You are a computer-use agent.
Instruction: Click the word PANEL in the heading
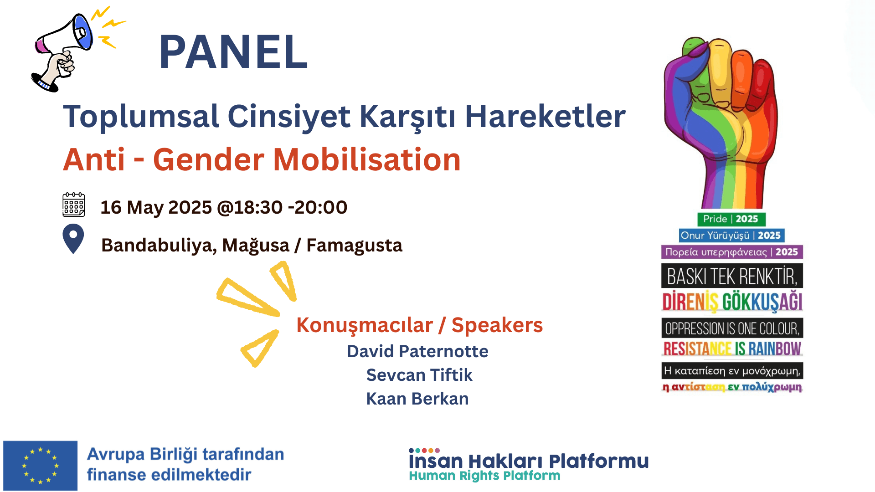pyautogui.click(x=233, y=52)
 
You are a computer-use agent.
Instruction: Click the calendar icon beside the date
pyautogui.click(x=73, y=205)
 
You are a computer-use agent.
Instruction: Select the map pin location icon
pyautogui.click(x=73, y=237)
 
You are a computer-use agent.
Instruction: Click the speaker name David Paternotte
pyautogui.click(x=417, y=351)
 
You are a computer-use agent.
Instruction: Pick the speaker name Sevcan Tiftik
pyautogui.click(x=419, y=375)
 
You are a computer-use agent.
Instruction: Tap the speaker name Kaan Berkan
pyautogui.click(x=417, y=399)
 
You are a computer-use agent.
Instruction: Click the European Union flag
pyautogui.click(x=40, y=465)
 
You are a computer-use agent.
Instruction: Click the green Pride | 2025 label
pyautogui.click(x=731, y=219)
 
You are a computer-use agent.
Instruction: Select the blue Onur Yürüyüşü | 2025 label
pyautogui.click(x=731, y=236)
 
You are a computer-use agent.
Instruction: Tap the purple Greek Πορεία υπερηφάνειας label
pyautogui.click(x=731, y=252)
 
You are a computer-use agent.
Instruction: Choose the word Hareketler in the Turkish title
pyautogui.click(x=545, y=117)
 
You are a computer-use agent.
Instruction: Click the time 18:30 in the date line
pyautogui.click(x=258, y=207)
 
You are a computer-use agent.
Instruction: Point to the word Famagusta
pyautogui.click(x=354, y=245)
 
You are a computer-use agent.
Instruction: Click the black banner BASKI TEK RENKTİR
pyautogui.click(x=731, y=276)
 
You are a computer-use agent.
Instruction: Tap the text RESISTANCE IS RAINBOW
pyautogui.click(x=731, y=349)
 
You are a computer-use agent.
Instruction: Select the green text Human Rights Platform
pyautogui.click(x=484, y=476)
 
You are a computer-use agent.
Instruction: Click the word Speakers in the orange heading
pyautogui.click(x=497, y=325)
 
